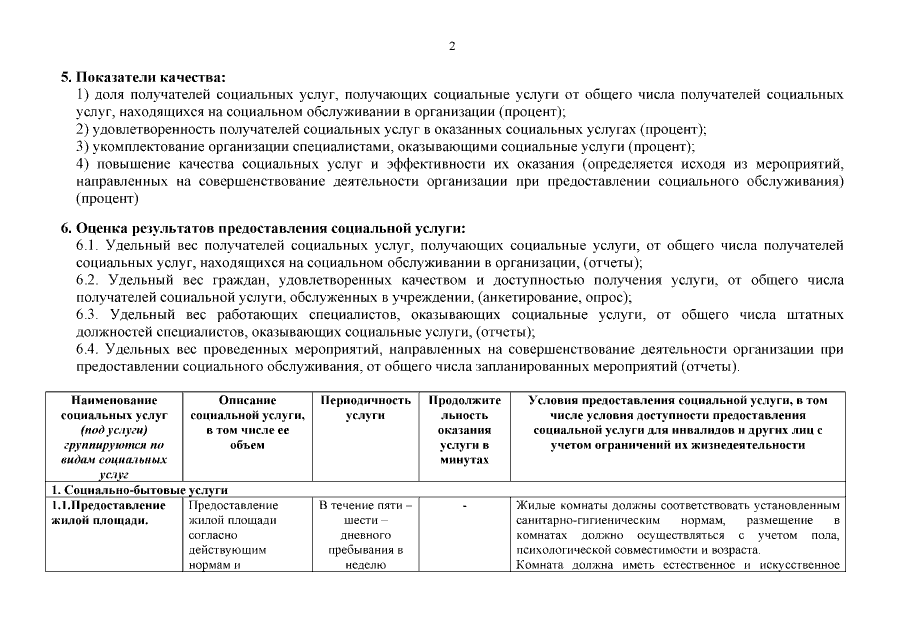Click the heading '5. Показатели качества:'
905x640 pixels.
tap(144, 77)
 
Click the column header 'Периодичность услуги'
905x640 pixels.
tap(365, 407)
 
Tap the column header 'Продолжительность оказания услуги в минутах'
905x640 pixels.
tap(464, 429)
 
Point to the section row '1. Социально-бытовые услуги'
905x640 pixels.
tap(140, 490)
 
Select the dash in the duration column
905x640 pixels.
tap(464, 506)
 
